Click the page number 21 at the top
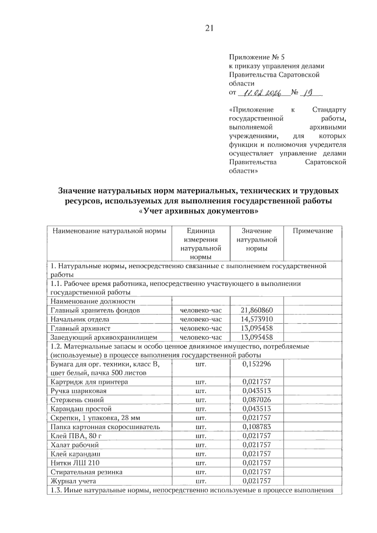(x=209, y=28)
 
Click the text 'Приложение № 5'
(x=257, y=57)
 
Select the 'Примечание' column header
(x=313, y=231)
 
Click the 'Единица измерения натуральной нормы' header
(x=201, y=244)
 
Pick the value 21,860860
(x=257, y=310)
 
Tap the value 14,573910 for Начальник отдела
(x=257, y=319)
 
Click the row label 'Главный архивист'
(x=80, y=329)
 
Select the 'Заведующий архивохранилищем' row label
(x=104, y=338)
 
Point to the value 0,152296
(x=257, y=364)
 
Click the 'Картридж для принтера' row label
(x=89, y=382)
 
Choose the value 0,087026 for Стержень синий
(x=257, y=400)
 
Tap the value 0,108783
(x=257, y=427)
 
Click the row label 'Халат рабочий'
(x=75, y=445)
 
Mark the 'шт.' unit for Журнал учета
(x=201, y=481)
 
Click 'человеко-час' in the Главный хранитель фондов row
(x=201, y=310)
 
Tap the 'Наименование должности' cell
(x=93, y=302)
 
